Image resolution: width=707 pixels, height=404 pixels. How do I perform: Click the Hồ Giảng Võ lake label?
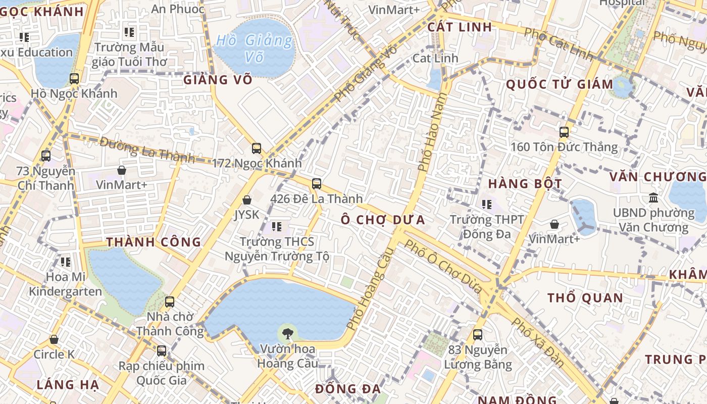(254, 48)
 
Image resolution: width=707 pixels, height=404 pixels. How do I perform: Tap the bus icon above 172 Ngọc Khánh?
(257, 148)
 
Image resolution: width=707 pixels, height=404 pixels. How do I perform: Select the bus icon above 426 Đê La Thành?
(317, 184)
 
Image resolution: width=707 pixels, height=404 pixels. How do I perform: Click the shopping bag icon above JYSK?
(247, 200)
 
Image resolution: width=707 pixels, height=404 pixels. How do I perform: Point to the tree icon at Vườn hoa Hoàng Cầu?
(288, 333)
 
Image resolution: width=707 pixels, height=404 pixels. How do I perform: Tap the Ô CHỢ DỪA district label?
(382, 220)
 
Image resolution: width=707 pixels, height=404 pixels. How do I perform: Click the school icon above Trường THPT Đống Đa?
(487, 205)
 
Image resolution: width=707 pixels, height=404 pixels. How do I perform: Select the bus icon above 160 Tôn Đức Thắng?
(564, 132)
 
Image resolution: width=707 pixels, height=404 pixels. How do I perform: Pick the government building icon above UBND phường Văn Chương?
(653, 197)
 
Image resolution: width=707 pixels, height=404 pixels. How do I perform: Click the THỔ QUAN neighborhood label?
(585, 297)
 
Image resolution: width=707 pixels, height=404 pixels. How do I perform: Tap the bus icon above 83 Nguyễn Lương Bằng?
(477, 334)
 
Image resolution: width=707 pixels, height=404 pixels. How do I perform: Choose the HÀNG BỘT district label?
(525, 183)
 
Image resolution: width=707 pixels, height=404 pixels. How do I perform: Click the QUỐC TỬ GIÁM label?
(560, 84)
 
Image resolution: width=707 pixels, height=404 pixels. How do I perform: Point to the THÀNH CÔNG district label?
(154, 242)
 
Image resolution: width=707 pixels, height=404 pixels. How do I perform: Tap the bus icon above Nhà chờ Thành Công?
(170, 302)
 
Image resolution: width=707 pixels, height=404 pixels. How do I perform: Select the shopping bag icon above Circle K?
(54, 340)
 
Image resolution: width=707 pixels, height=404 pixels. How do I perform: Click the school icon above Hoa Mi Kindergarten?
(66, 262)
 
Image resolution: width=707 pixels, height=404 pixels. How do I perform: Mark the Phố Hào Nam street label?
(430, 134)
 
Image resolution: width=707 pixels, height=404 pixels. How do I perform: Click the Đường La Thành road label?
(147, 149)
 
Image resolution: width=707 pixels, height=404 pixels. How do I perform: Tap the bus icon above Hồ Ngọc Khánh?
(74, 79)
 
